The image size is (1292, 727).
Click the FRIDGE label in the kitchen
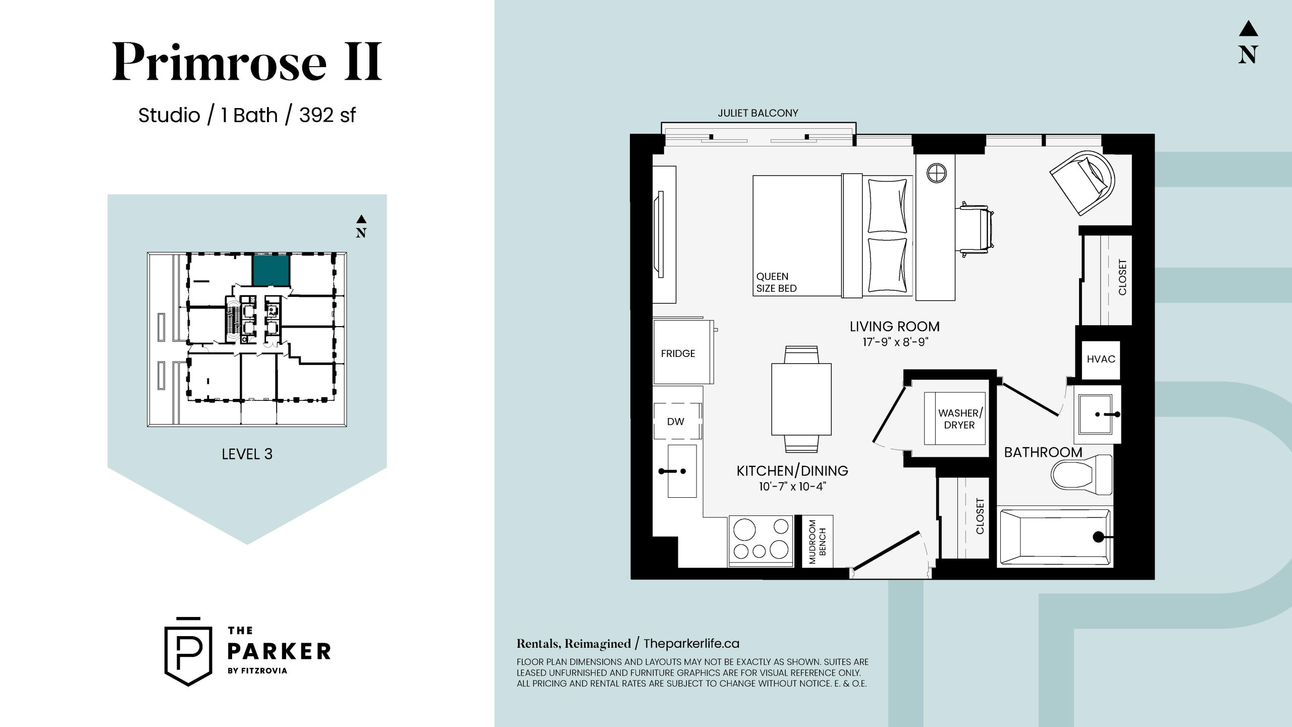pos(678,353)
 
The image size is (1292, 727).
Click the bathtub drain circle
pos(1098,537)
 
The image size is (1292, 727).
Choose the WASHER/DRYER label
pos(960,419)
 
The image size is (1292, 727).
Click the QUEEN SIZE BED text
pos(776,282)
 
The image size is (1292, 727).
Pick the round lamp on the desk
pos(937,173)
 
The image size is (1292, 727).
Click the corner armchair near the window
pos(1082,183)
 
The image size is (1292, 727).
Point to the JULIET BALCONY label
pos(758,113)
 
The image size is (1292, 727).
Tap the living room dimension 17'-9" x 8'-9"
pos(895,342)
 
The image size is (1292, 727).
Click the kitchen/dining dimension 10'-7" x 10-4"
pos(792,487)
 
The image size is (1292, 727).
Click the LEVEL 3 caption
pos(247,454)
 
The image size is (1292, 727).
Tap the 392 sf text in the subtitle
pos(327,116)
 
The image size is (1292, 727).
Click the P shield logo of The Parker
pos(188,651)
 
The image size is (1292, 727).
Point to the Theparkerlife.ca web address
pos(691,644)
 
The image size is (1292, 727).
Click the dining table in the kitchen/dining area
pos(801,399)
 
